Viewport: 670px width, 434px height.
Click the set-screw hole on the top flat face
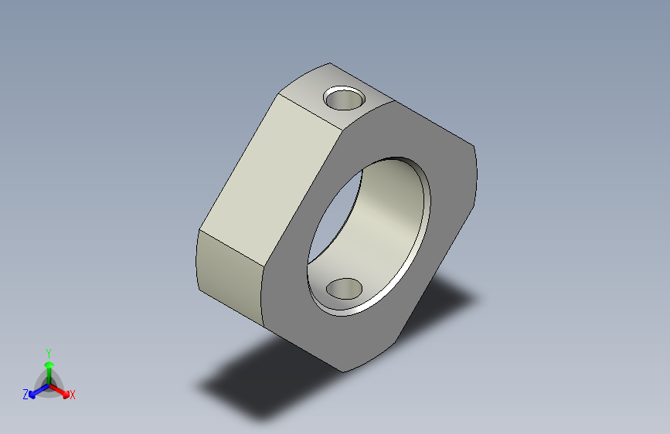tap(345, 99)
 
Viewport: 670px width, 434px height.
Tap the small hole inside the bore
tap(344, 289)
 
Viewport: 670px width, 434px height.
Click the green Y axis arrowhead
tap(49, 365)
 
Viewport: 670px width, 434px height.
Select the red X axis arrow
tap(60, 391)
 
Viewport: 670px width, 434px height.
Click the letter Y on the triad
tap(49, 353)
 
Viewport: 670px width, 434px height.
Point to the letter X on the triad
tap(72, 395)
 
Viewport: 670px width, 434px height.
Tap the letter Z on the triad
tap(26, 395)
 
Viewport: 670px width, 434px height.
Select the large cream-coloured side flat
tap(271, 179)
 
